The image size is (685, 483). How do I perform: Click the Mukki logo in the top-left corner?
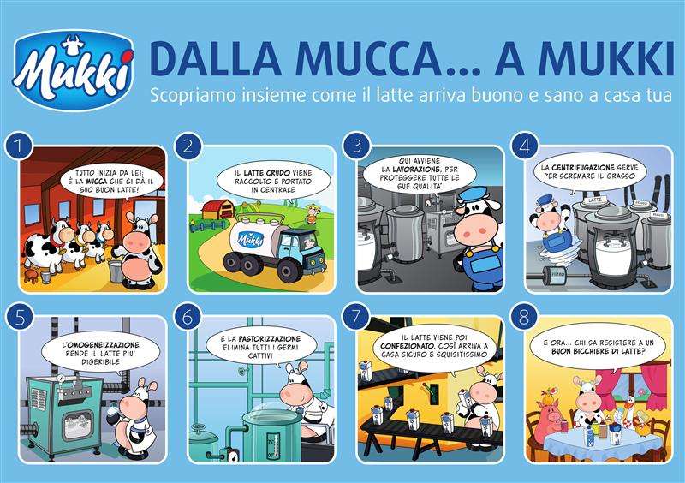(x=73, y=70)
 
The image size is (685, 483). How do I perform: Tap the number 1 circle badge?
(x=18, y=146)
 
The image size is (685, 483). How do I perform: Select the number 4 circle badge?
(x=525, y=146)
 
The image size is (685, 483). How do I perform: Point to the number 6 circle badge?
(x=188, y=317)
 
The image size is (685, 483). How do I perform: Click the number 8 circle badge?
(x=525, y=317)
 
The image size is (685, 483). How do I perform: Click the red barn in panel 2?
(x=218, y=209)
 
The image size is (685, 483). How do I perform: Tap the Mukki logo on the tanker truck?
(x=250, y=239)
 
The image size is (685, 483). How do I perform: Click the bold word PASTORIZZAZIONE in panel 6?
(x=270, y=339)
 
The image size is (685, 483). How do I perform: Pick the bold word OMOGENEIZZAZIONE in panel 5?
(x=104, y=345)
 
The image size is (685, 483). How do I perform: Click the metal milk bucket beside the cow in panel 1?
(x=115, y=271)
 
